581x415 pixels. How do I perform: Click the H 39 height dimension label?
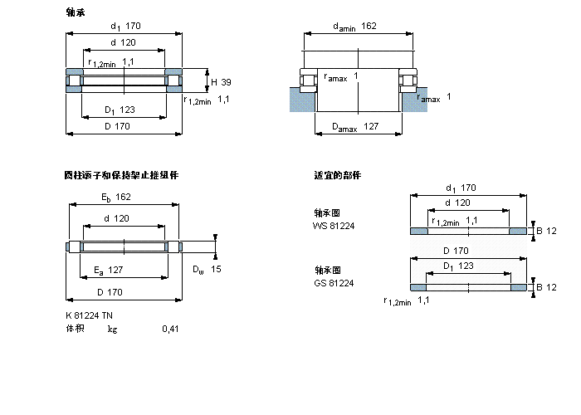coord(220,81)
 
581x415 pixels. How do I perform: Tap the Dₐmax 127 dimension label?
coord(355,127)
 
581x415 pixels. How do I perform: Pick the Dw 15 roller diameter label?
coord(207,269)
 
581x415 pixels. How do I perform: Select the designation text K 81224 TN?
coord(90,315)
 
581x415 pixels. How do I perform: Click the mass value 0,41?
coord(170,329)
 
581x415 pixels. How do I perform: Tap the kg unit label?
coord(112,329)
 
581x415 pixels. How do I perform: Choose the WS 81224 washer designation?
coord(333,226)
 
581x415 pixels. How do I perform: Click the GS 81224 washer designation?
coord(333,284)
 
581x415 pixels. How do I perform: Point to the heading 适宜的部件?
coord(337,175)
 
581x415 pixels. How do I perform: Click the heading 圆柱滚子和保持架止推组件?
coord(121,175)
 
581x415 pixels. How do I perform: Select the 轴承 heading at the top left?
coord(75,12)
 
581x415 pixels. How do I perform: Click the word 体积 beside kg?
coord(75,329)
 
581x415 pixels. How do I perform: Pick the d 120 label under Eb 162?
coord(116,218)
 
